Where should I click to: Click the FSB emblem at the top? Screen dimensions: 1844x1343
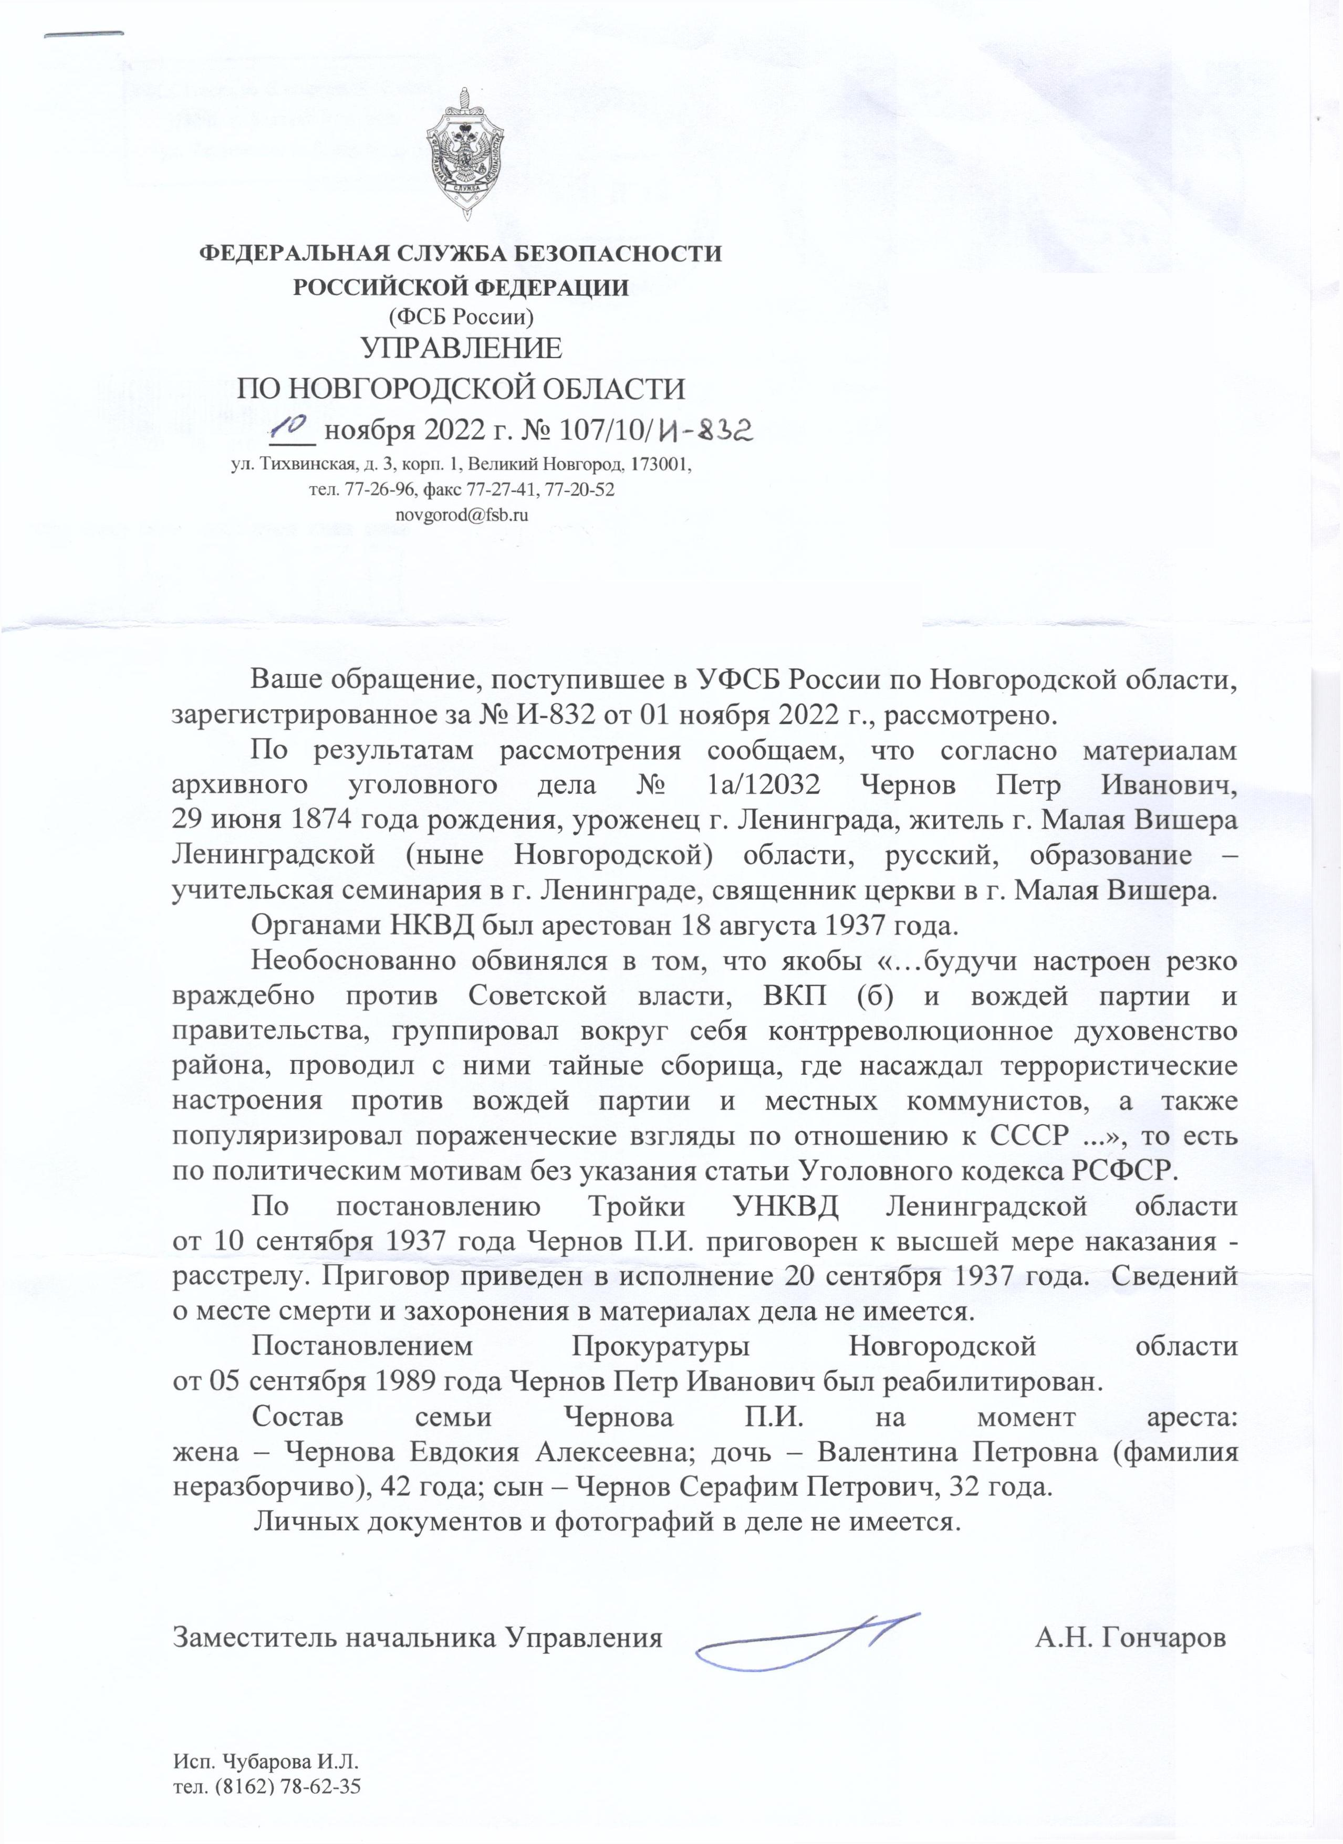pyautogui.click(x=466, y=154)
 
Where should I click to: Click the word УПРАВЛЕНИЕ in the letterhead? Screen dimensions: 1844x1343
pyautogui.click(x=461, y=349)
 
